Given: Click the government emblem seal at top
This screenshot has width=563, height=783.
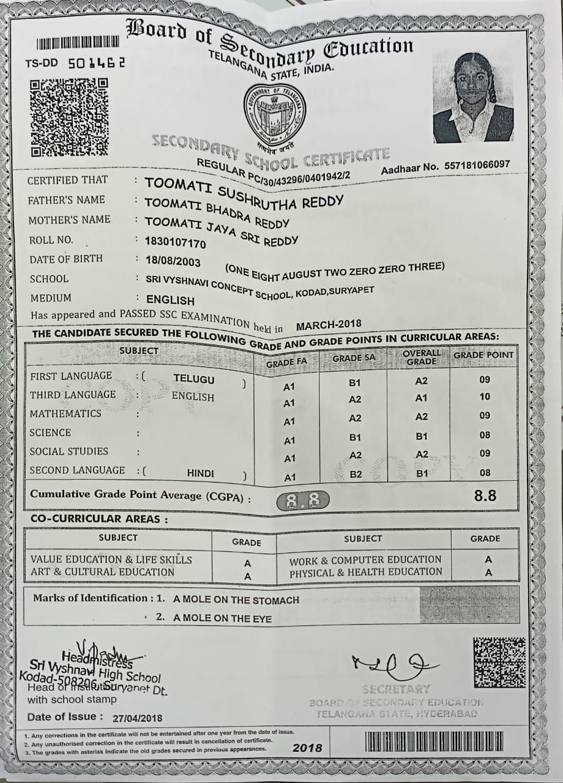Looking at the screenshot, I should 275,113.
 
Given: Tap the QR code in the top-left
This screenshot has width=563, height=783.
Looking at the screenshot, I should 69,117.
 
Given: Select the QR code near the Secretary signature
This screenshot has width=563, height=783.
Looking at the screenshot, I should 499,662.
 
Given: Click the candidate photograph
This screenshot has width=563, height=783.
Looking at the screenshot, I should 473,97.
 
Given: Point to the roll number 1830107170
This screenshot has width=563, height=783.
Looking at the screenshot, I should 176,243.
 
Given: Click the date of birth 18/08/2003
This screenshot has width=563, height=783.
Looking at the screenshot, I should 173,261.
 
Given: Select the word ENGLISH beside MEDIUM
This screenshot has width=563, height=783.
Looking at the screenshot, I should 170,300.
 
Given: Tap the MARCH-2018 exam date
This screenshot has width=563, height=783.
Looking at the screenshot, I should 329,325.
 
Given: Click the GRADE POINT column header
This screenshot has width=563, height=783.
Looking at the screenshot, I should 483,355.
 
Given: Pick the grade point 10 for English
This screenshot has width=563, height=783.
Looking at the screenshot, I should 485,396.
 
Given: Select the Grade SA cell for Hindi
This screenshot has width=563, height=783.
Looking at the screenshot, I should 355,473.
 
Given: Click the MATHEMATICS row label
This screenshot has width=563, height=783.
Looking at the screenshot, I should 65,414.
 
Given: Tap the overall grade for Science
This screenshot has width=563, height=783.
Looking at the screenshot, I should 422,437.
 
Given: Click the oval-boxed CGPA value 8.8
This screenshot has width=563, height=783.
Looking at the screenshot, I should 303,501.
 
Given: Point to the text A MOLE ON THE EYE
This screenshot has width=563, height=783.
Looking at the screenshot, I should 222,618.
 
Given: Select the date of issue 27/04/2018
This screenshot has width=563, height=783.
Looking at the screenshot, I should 138,718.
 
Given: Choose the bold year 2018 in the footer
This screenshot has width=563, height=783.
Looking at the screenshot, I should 307,748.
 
